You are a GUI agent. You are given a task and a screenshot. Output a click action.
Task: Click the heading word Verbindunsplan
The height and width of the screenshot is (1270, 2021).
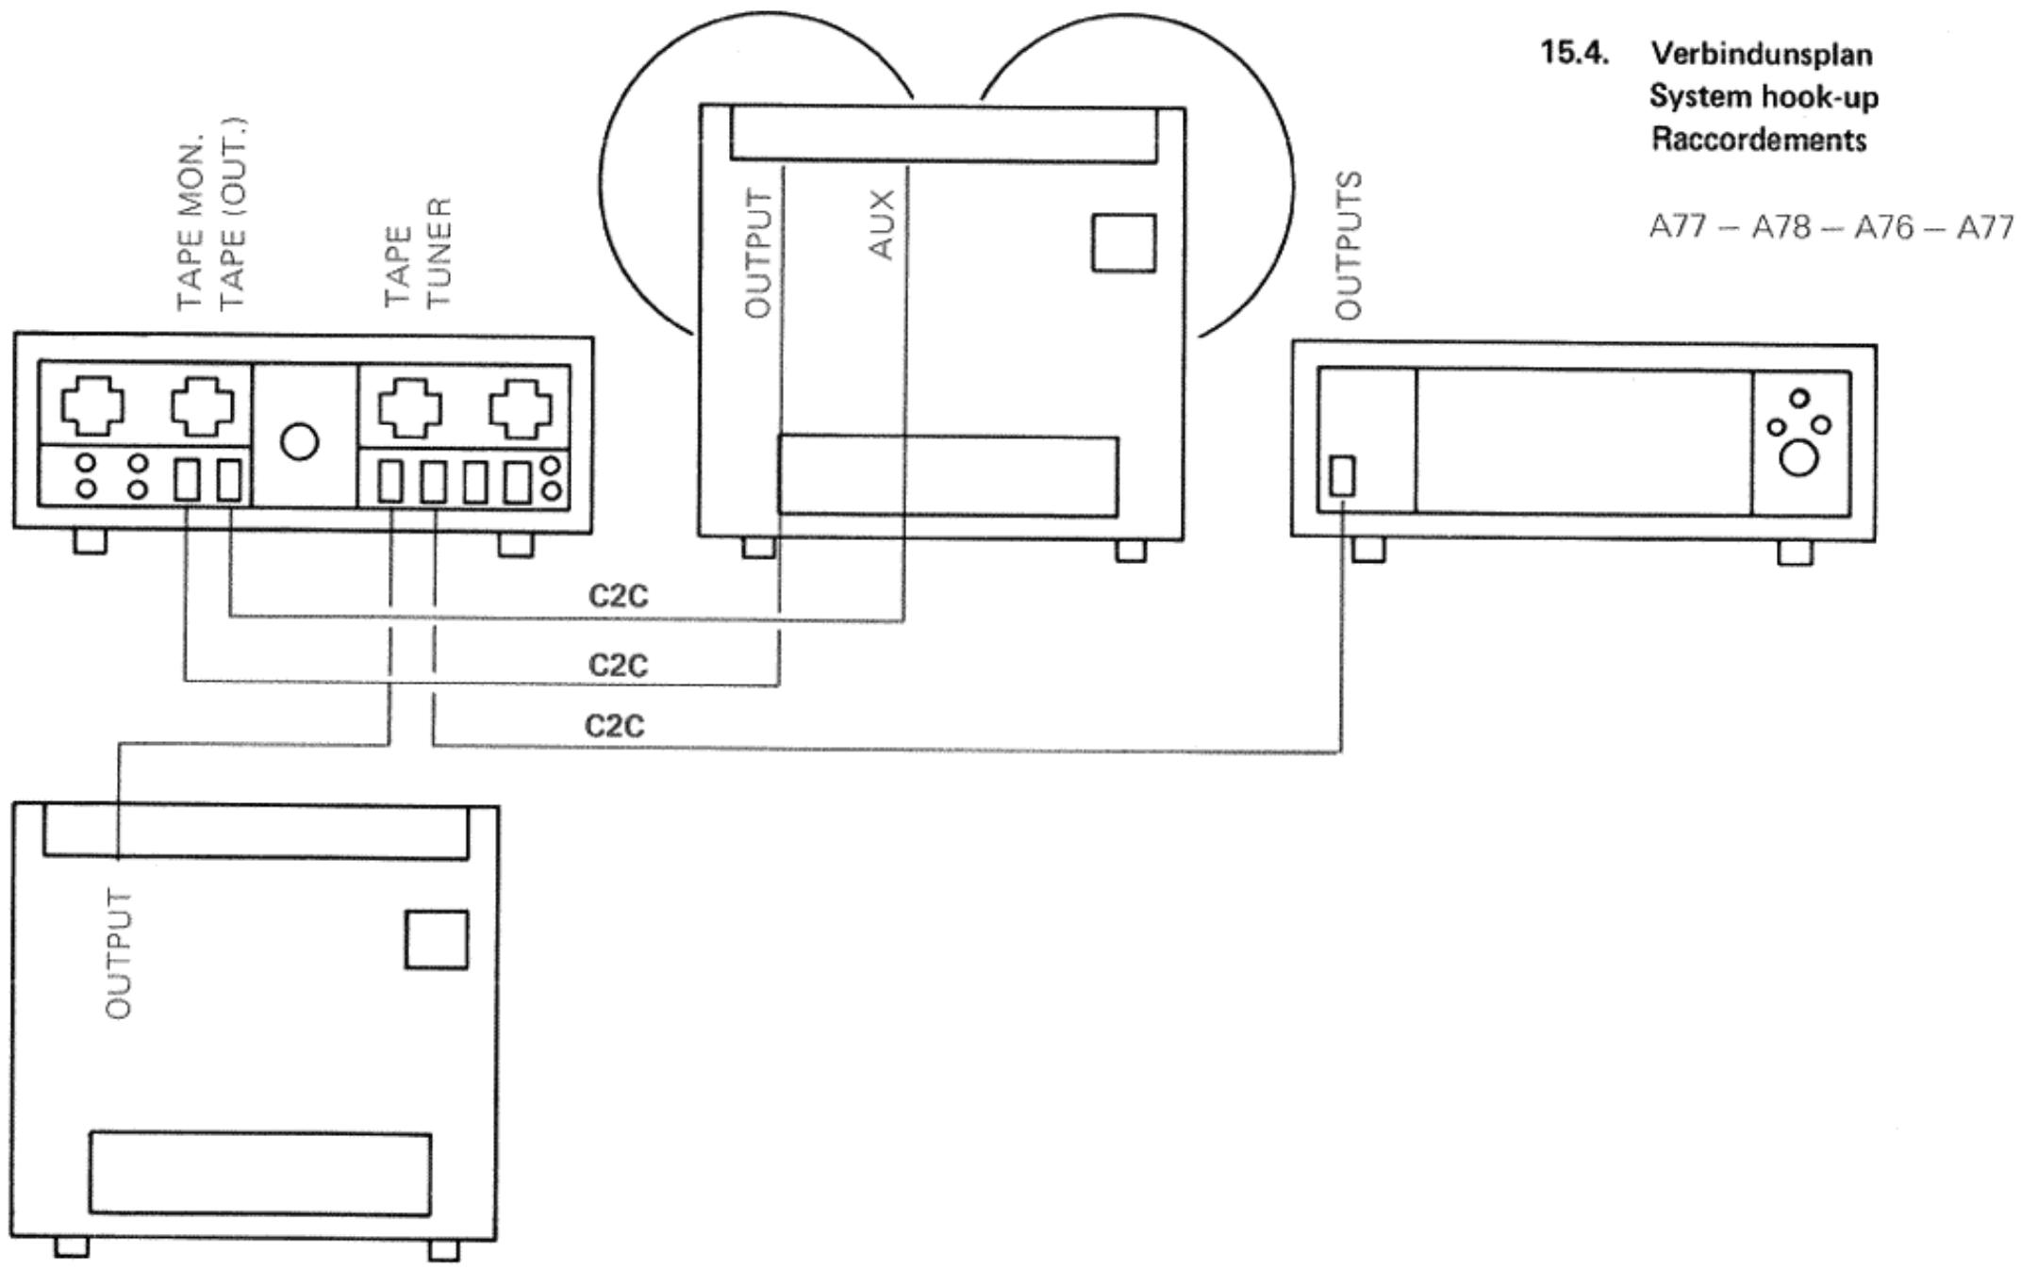pos(1761,55)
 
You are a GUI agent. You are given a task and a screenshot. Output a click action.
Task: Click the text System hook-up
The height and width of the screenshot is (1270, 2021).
pos(1763,97)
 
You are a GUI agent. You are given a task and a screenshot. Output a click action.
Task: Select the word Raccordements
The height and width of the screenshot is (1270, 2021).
pos(1758,140)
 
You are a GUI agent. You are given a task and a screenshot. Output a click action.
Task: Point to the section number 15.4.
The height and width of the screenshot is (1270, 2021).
pos(1573,53)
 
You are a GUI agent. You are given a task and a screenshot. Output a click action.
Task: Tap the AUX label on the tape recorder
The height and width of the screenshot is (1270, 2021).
pos(883,223)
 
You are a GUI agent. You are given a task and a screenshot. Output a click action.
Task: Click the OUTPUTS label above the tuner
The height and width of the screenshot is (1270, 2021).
pos(1349,245)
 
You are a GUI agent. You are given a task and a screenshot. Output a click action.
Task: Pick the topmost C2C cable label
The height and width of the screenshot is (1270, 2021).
pos(619,597)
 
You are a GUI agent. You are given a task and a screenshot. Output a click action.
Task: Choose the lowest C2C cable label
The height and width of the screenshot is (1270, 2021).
pos(615,726)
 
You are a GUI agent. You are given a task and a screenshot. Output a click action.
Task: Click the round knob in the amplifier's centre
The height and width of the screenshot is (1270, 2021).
pos(300,441)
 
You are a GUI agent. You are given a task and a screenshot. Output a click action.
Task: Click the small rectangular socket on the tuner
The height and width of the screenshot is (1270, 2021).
pos(1342,475)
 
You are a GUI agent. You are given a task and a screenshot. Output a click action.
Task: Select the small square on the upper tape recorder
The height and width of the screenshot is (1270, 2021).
pos(1123,243)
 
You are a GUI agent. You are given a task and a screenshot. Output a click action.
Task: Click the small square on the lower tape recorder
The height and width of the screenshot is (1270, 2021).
pos(437,939)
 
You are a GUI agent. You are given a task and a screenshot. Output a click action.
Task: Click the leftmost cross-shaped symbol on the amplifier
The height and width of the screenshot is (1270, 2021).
pos(91,405)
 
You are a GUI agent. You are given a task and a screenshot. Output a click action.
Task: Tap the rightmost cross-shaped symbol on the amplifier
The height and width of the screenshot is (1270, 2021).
pos(520,408)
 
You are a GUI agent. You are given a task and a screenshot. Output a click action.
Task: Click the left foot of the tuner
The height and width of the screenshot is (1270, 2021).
pos(1368,550)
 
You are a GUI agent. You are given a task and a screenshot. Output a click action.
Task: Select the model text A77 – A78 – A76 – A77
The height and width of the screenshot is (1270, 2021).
pos(1830,227)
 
